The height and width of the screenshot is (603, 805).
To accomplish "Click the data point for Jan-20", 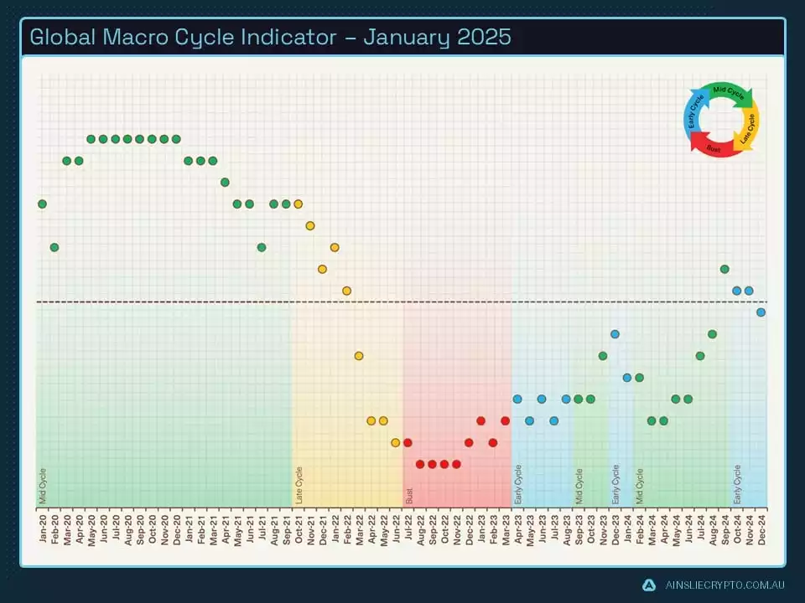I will click(x=42, y=204).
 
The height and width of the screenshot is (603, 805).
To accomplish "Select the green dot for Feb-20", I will click(x=55, y=247).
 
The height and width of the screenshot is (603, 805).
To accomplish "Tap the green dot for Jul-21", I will click(x=262, y=247).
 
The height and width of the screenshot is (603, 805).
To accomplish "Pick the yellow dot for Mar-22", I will click(x=359, y=356).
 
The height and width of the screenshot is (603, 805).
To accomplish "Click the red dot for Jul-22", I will click(x=408, y=442).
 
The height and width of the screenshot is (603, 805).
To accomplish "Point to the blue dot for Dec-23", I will click(x=615, y=334).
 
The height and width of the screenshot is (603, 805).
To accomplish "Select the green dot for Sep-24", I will click(x=724, y=269).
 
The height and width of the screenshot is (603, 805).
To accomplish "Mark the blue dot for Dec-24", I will click(x=761, y=312).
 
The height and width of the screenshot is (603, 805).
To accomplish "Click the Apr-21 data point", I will click(x=225, y=182).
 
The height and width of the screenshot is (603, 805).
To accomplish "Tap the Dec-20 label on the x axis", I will click(x=176, y=528).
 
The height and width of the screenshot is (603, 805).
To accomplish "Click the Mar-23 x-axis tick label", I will click(x=505, y=528).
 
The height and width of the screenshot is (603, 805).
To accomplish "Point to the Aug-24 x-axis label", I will click(x=712, y=528).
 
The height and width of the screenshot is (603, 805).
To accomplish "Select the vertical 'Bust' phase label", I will click(x=409, y=495).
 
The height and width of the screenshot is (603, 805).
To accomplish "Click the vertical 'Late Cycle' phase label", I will click(x=299, y=485).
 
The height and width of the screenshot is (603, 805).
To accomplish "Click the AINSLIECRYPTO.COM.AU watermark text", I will click(x=724, y=585).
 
